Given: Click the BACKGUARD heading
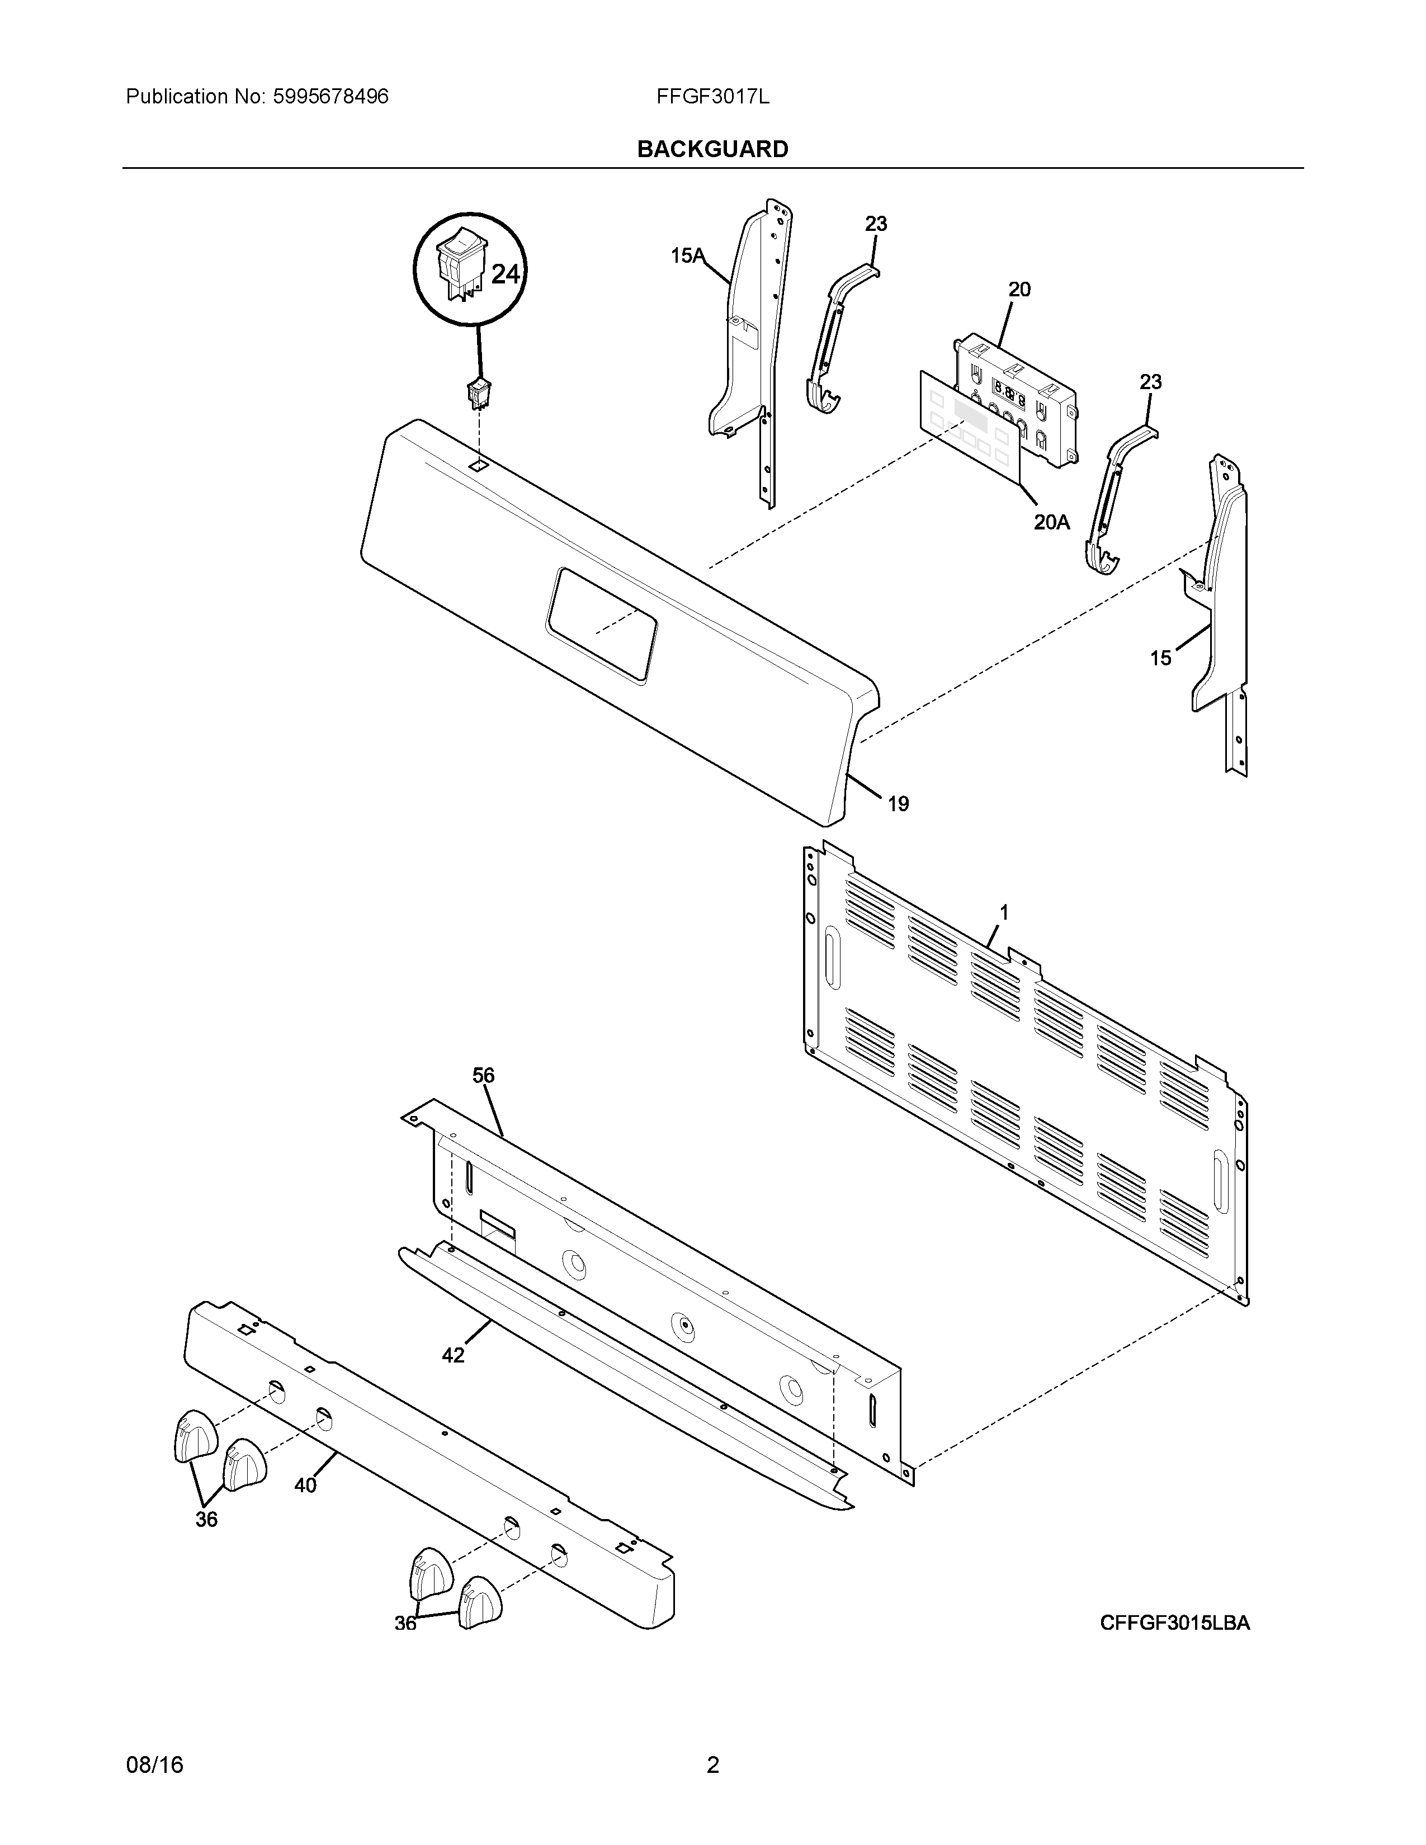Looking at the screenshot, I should pos(712,149).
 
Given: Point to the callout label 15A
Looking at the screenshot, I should pos(687,255).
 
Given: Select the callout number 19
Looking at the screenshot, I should pos(898,804).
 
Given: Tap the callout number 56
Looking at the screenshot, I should pos(483,1075).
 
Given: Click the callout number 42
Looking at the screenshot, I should pos(454,1356).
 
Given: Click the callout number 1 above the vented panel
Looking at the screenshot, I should pos(1004,912).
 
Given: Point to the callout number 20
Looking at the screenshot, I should pos(1019,290).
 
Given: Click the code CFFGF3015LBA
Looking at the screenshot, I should pos(1174,1623).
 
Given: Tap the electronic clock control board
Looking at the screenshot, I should pos(1014,397).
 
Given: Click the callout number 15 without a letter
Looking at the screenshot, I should pos(1161,657).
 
